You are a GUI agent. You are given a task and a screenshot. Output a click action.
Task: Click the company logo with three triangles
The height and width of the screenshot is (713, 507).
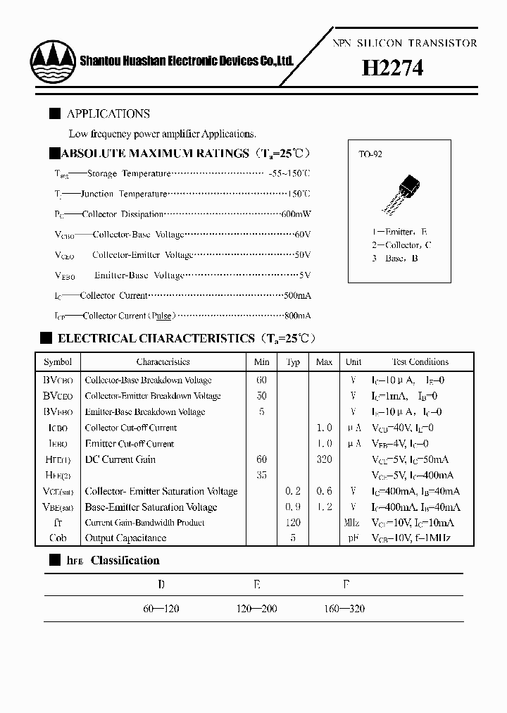coord(53,61)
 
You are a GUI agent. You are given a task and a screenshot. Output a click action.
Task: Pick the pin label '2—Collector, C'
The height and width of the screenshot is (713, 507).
coord(401,244)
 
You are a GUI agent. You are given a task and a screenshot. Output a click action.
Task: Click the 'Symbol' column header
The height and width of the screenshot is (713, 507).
coord(58,362)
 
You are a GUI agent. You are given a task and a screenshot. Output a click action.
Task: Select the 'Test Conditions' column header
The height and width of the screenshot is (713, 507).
coord(420,362)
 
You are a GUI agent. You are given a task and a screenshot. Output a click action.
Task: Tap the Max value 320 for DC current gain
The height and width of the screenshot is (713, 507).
coord(324,459)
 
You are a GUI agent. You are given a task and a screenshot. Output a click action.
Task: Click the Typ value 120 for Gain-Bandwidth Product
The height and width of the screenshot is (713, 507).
coord(293,523)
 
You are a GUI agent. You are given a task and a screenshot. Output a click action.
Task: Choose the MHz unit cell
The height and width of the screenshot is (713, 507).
coord(353,523)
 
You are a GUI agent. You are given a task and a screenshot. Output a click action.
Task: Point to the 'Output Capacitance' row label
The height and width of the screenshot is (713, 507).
coord(125,538)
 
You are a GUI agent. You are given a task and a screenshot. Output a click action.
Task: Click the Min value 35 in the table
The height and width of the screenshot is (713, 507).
coord(261,476)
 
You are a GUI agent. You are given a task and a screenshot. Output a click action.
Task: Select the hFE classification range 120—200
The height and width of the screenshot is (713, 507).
coord(256,609)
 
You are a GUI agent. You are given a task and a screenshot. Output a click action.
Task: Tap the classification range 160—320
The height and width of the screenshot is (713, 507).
coord(344,609)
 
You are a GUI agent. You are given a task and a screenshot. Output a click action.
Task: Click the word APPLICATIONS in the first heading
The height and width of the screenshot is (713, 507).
coord(108,113)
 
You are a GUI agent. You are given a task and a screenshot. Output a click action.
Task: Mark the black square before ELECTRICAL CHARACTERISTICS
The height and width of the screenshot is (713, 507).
coord(46,338)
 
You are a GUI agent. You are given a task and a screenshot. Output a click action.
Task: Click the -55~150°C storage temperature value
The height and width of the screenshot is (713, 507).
coord(289,173)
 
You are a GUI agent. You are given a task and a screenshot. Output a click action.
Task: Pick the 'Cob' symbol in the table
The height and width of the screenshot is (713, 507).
coord(58,538)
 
